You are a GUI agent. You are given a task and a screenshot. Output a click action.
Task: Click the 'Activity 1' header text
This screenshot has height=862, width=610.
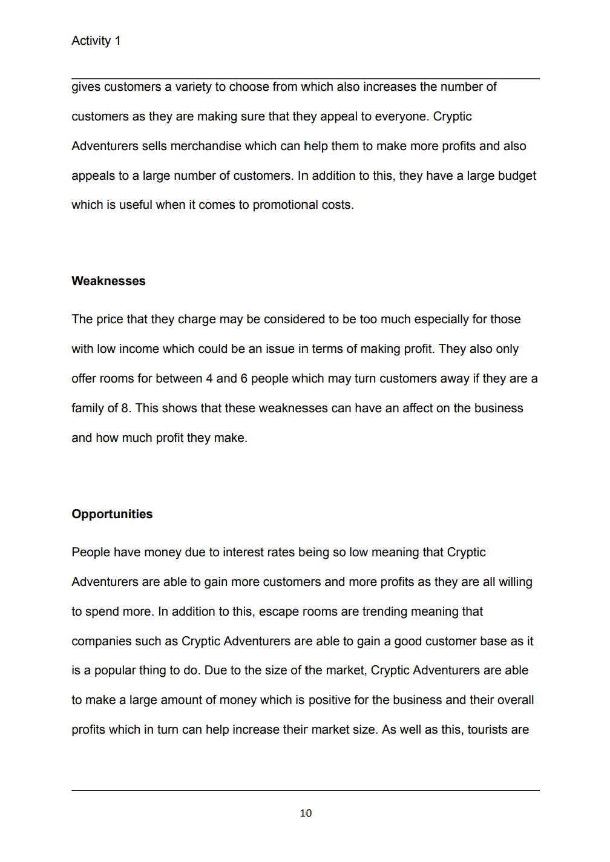(x=96, y=41)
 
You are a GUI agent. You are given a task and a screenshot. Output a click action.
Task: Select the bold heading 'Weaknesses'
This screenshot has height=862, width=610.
(x=108, y=281)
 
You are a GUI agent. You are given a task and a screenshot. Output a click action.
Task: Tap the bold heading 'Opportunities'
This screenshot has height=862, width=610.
(x=112, y=514)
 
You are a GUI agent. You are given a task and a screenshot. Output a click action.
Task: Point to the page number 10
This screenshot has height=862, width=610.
(x=306, y=813)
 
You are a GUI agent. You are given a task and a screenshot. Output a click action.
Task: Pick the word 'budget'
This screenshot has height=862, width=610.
(x=517, y=176)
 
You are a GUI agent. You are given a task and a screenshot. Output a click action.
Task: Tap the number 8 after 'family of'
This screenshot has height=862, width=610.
(x=125, y=408)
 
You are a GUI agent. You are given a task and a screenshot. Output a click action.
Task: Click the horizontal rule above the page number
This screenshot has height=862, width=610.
(x=306, y=790)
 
